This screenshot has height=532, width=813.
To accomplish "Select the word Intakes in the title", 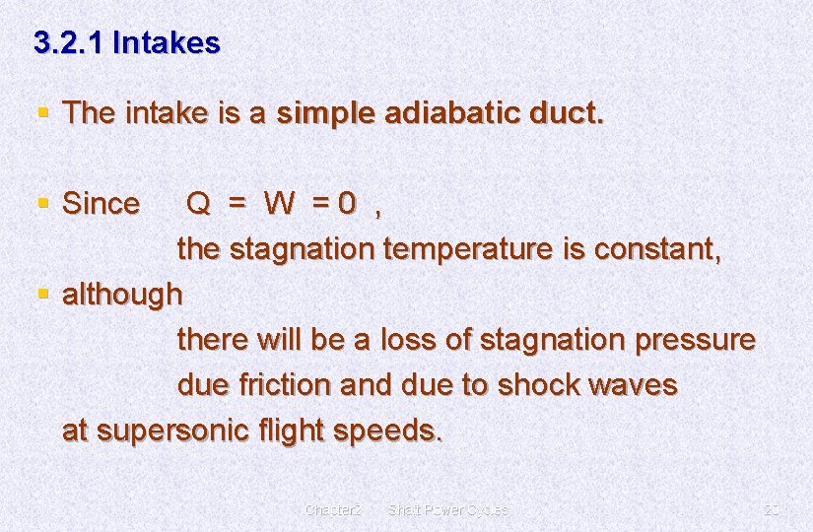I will pos(167,43).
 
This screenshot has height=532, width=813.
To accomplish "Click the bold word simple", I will pos(322,113).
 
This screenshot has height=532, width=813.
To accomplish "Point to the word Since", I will pos(101,204).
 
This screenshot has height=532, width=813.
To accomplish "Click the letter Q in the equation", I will pos(198,204).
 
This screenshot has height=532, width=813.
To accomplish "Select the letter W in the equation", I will pos(279,204).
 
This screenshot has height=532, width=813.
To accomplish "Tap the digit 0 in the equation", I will pos(346,204).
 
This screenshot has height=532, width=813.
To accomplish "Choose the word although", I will pos(122,294).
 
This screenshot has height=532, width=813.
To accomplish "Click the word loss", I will pos(406,340).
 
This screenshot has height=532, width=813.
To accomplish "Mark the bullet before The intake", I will pos(41,113).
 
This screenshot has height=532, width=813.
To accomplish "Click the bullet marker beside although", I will pos(41,294).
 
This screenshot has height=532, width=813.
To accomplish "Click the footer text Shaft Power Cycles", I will pos(448,509).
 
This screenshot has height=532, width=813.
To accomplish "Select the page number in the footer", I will pos(772,509).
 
